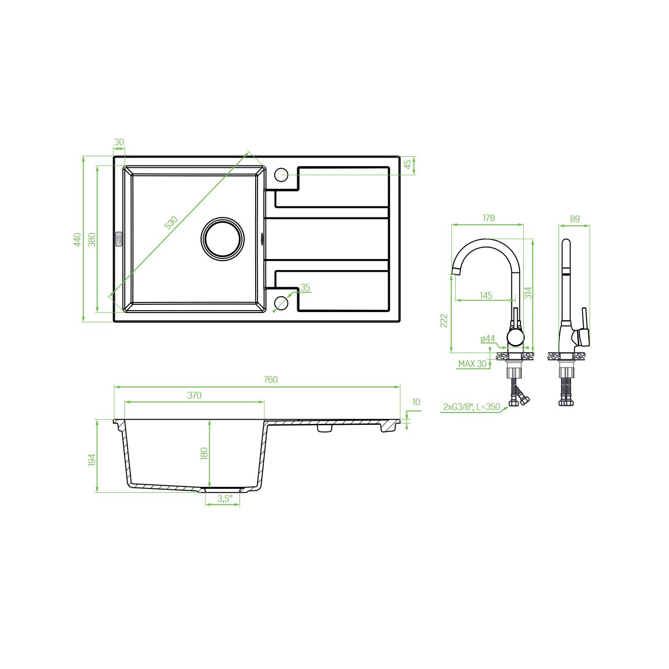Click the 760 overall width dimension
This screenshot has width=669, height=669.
click(x=270, y=380)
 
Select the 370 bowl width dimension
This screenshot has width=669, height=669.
click(x=194, y=396)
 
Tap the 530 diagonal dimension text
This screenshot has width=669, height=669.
click(x=171, y=223)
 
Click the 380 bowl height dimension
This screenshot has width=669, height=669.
click(x=92, y=239)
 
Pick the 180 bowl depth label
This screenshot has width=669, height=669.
click(x=204, y=454)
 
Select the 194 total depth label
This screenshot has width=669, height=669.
click(x=92, y=460)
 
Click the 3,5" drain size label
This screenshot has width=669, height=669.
click(x=225, y=499)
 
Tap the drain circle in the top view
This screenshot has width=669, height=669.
click(x=223, y=239)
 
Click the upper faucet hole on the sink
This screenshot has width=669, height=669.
click(x=281, y=175)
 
